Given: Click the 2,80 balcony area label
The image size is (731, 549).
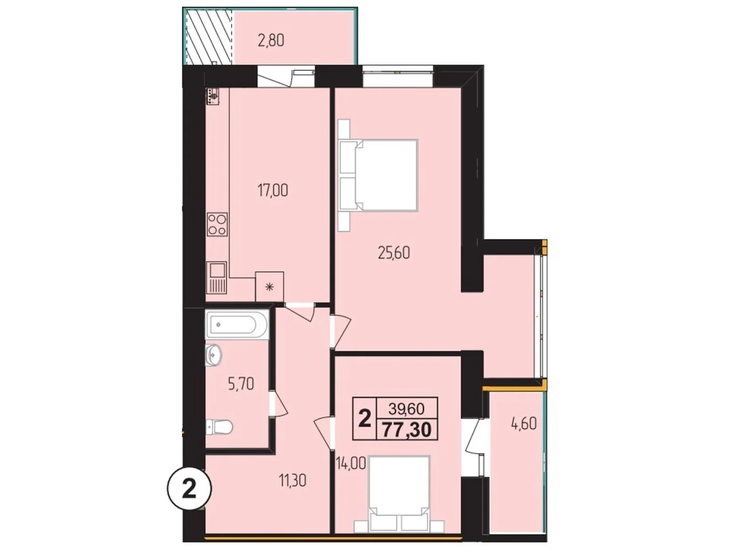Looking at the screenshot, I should [x=271, y=40].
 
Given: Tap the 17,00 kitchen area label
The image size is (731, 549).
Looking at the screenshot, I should [x=273, y=190].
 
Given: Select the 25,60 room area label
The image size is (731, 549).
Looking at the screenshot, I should [x=394, y=252].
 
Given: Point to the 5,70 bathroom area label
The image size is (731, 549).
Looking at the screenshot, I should [x=241, y=383].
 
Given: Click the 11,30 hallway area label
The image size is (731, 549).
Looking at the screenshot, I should [x=292, y=480].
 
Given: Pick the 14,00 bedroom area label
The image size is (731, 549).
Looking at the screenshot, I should [x=351, y=463].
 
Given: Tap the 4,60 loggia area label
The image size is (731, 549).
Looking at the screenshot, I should [x=523, y=423].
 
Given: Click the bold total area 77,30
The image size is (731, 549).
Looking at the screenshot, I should [x=407, y=430].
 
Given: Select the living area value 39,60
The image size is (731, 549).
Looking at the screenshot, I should [x=407, y=407].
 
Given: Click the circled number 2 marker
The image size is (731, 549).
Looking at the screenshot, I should [x=190, y=490].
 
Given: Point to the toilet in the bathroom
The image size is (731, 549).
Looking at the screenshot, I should [x=219, y=427].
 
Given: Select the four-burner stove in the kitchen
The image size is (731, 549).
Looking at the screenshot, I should [x=217, y=224].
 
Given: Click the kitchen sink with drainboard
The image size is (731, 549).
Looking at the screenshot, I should [x=217, y=277].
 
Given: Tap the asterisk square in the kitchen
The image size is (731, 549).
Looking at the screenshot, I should [x=270, y=287].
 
